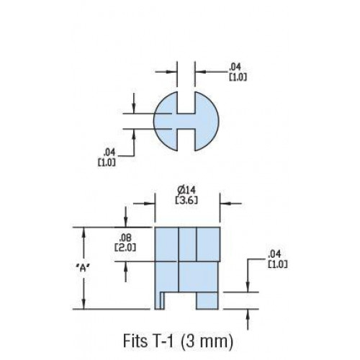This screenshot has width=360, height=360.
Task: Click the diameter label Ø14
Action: [186, 190]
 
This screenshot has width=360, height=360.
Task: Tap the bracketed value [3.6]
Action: [186, 200]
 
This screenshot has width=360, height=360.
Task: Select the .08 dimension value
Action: [125, 238]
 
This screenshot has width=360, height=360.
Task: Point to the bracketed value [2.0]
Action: [125, 248]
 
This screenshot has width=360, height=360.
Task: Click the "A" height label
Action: [83, 268]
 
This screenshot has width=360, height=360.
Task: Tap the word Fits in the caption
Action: [135, 341]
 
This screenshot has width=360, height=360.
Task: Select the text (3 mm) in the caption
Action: [206, 341]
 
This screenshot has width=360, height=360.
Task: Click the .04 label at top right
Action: [235, 66]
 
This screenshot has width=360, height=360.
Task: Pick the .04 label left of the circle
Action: [109, 152]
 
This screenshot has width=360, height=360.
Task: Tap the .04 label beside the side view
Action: [274, 254]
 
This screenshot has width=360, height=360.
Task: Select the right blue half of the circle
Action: [207, 121]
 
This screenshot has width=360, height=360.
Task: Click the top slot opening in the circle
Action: [186, 102]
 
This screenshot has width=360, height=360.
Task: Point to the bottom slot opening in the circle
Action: [186, 140]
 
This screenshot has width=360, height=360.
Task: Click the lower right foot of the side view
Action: [207, 301]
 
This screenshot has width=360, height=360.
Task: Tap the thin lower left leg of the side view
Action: [158, 300]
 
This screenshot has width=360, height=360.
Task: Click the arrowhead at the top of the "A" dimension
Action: [84, 233]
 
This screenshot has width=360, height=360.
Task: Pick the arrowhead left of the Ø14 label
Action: [149, 204]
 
